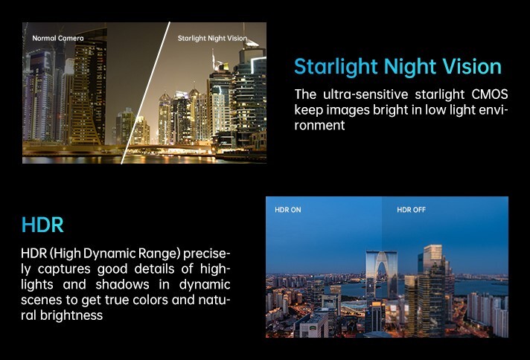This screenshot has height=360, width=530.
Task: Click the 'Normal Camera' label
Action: (x=58, y=38)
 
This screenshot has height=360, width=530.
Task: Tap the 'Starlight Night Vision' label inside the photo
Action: (x=212, y=38)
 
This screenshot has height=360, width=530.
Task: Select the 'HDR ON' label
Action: (x=287, y=210)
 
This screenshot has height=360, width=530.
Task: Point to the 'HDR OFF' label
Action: (x=411, y=210)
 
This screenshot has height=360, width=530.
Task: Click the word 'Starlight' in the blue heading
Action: (x=336, y=67)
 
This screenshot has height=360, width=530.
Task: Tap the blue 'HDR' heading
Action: (x=42, y=225)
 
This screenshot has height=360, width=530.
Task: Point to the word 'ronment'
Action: (x=319, y=125)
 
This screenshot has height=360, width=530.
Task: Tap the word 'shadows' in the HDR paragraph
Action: (x=122, y=284)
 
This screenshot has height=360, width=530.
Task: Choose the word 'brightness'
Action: (x=71, y=315)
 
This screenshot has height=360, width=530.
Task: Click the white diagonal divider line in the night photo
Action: (x=145, y=93)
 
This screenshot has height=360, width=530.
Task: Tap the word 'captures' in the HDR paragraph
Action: (x=64, y=269)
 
